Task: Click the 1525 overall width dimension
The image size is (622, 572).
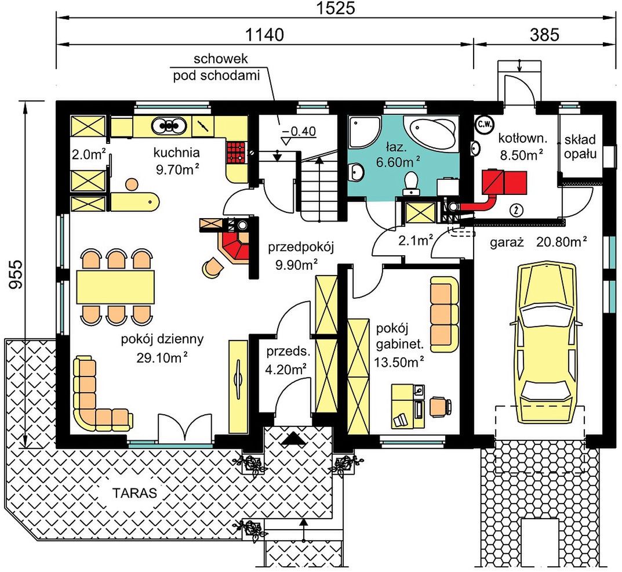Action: click(336, 8)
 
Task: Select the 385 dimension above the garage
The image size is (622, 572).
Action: click(544, 35)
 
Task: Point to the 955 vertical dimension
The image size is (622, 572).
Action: click(16, 274)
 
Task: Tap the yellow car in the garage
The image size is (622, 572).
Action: click(548, 344)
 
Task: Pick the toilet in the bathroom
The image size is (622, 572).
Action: click(411, 183)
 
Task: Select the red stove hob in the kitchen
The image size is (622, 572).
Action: click(237, 153)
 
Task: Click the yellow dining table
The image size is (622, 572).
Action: click(115, 287)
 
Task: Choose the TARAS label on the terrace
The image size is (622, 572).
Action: click(134, 493)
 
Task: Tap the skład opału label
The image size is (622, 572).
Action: click(580, 146)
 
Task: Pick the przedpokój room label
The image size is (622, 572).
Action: click(301, 247)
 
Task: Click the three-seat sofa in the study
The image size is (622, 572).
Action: click(445, 314)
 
